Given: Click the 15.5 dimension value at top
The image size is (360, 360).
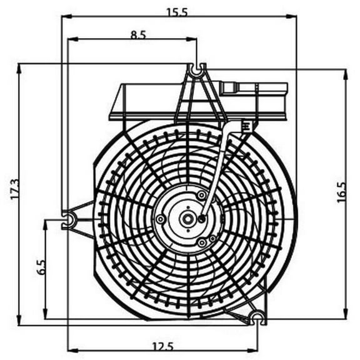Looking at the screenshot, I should [x=179, y=11].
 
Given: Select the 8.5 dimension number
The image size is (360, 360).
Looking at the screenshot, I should [x=138, y=35].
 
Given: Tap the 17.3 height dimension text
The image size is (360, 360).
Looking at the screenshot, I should [x=15, y=190].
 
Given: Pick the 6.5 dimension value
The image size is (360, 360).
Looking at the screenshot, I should [x=41, y=267].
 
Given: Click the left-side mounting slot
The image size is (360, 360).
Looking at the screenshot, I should [x=69, y=218].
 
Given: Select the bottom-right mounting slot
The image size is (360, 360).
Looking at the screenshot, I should [x=257, y=319].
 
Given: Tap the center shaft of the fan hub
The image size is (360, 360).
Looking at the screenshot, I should [x=187, y=219].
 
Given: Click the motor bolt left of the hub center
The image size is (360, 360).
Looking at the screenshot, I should [x=161, y=219].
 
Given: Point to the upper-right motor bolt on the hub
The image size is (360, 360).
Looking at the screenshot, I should [x=201, y=196].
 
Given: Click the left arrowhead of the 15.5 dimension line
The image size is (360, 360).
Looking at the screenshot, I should [x=64, y=17].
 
